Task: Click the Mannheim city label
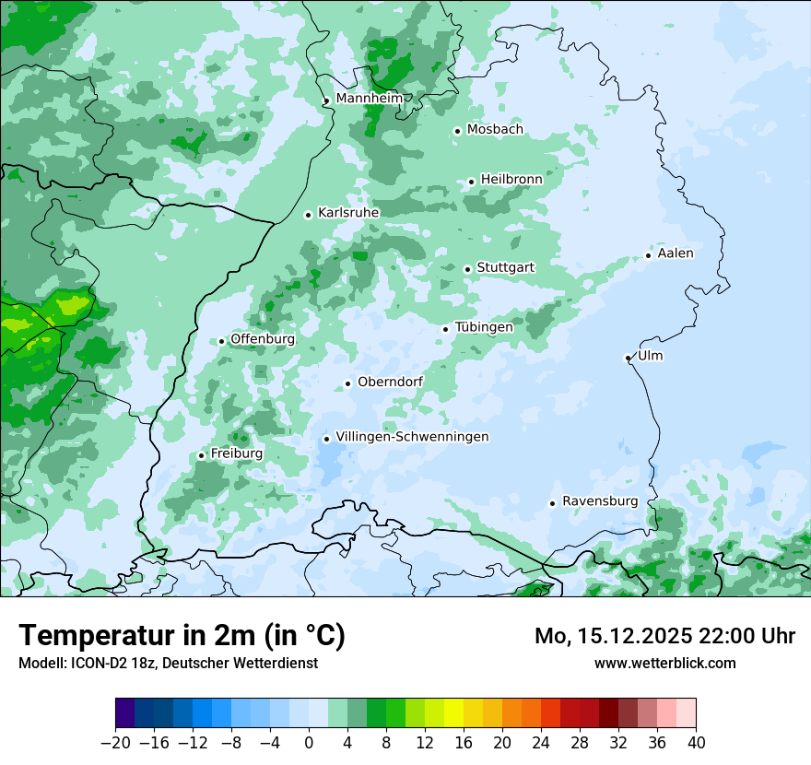tap(370, 98)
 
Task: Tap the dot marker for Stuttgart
tap(467, 269)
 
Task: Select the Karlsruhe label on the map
tap(348, 213)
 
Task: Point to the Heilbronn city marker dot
tap(471, 182)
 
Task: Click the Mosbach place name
tap(495, 129)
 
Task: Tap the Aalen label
tap(676, 253)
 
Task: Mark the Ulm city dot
tap(628, 358)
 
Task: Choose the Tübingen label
tap(484, 327)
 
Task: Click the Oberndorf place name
tap(391, 382)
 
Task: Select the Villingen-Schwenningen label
tap(412, 437)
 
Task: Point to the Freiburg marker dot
tap(201, 455)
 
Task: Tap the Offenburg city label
tap(263, 339)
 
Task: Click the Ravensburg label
tap(600, 501)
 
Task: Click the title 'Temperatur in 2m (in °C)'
tap(182, 636)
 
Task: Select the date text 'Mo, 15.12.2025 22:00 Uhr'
tap(664, 636)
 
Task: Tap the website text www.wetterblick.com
tap(664, 663)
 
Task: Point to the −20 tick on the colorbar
tap(115, 743)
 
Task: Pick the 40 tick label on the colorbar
tap(696, 743)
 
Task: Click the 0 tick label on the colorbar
tap(309, 743)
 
